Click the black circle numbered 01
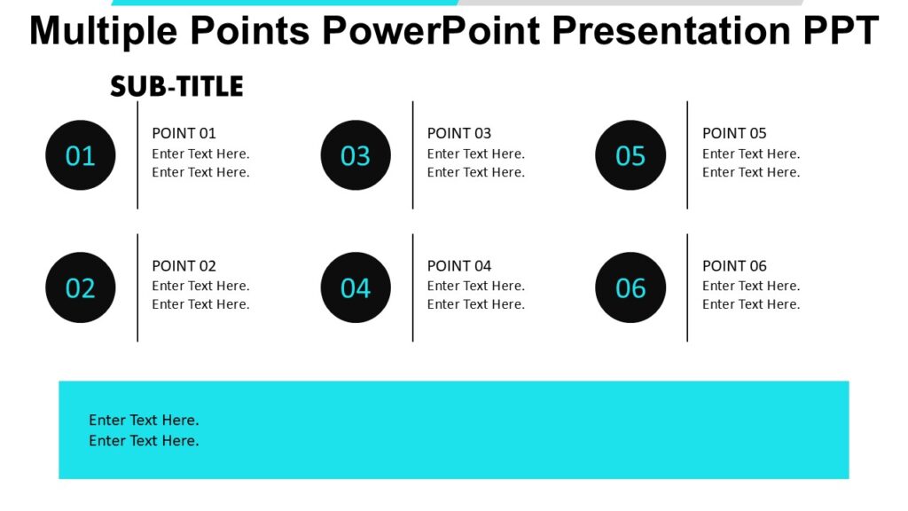(81, 155)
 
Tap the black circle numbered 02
(81, 287)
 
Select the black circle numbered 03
(356, 155)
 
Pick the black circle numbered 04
(356, 287)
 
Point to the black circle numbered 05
(630, 155)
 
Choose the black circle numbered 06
(630, 287)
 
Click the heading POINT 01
(184, 133)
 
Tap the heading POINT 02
(184, 265)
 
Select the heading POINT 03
(458, 133)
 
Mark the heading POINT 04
(458, 265)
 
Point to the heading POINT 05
(734, 133)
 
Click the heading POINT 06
(734, 265)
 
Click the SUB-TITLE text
(176, 87)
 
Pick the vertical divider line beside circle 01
(137, 155)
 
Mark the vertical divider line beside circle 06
(687, 287)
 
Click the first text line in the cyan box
(144, 420)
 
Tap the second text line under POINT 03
(475, 172)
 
